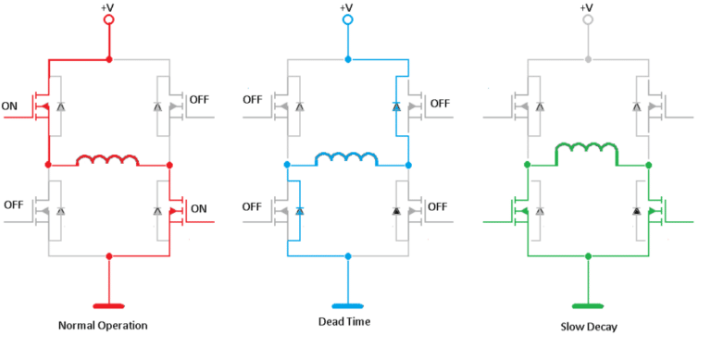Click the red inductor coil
pos(107,159)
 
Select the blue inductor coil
pos(347,158)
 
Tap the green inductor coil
pos(587,151)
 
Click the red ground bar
pos(109,305)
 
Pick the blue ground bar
pos(348,305)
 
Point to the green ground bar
pos(588,305)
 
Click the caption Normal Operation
pos(103,326)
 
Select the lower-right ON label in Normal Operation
pos(198,209)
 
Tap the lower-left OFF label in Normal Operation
pos(15,205)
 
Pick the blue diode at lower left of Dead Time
pos(299,212)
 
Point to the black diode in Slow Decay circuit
pos(636,212)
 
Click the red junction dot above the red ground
pos(109,255)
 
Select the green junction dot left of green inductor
pos(527,165)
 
